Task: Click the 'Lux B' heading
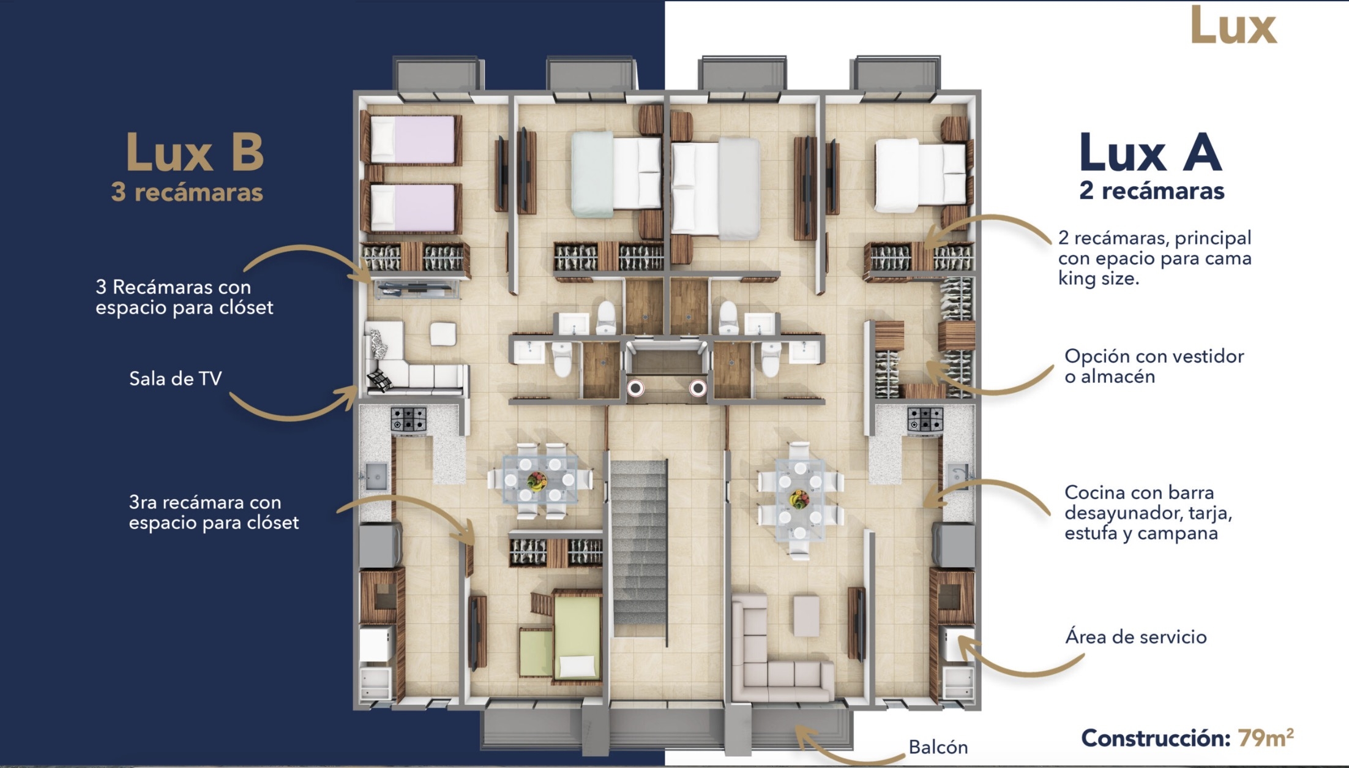[195, 152]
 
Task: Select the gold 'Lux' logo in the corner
[1233, 26]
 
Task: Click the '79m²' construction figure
[1266, 737]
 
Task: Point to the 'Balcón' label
[938, 747]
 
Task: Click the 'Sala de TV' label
[175, 378]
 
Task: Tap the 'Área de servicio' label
[1136, 637]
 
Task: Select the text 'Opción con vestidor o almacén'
[1154, 366]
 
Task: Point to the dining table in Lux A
[799, 499]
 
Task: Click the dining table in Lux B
[540, 480]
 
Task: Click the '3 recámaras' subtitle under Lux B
[187, 192]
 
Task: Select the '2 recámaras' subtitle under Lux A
[1152, 190]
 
